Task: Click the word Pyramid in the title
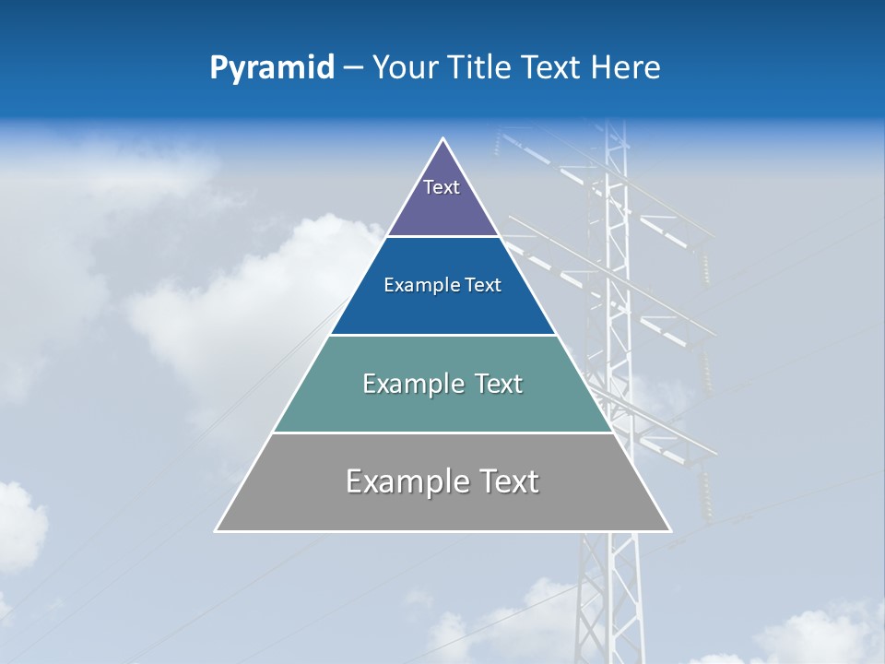271,68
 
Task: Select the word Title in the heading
480,67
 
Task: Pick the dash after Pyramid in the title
353,69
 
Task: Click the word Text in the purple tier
442,187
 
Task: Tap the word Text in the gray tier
506,481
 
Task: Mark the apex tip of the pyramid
443,139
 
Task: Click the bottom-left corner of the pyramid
217,530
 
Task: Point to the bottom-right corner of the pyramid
670,530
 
